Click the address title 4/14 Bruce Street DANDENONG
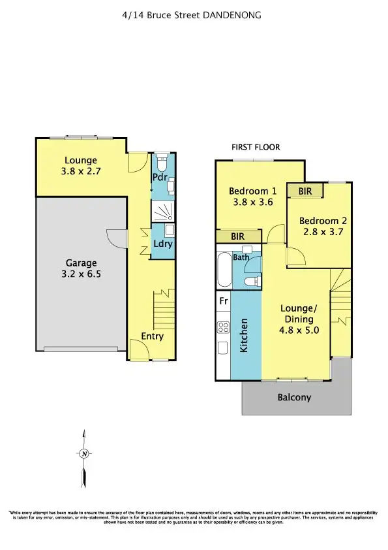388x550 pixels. (194, 14)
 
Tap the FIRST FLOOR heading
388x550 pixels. (252, 148)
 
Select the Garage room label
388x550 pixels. (81, 264)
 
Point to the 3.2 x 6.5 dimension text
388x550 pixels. (81, 275)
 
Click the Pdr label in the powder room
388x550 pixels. (160, 177)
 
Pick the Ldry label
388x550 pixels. (163, 244)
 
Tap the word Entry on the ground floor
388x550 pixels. (152, 336)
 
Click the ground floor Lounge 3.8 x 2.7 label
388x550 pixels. (80, 165)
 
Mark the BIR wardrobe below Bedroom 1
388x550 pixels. (237, 236)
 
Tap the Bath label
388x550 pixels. (241, 257)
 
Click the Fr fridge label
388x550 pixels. (223, 302)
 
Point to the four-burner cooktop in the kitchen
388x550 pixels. (223, 327)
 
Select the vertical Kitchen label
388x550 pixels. (245, 335)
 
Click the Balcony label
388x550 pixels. (294, 397)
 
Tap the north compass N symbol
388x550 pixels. (83, 453)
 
